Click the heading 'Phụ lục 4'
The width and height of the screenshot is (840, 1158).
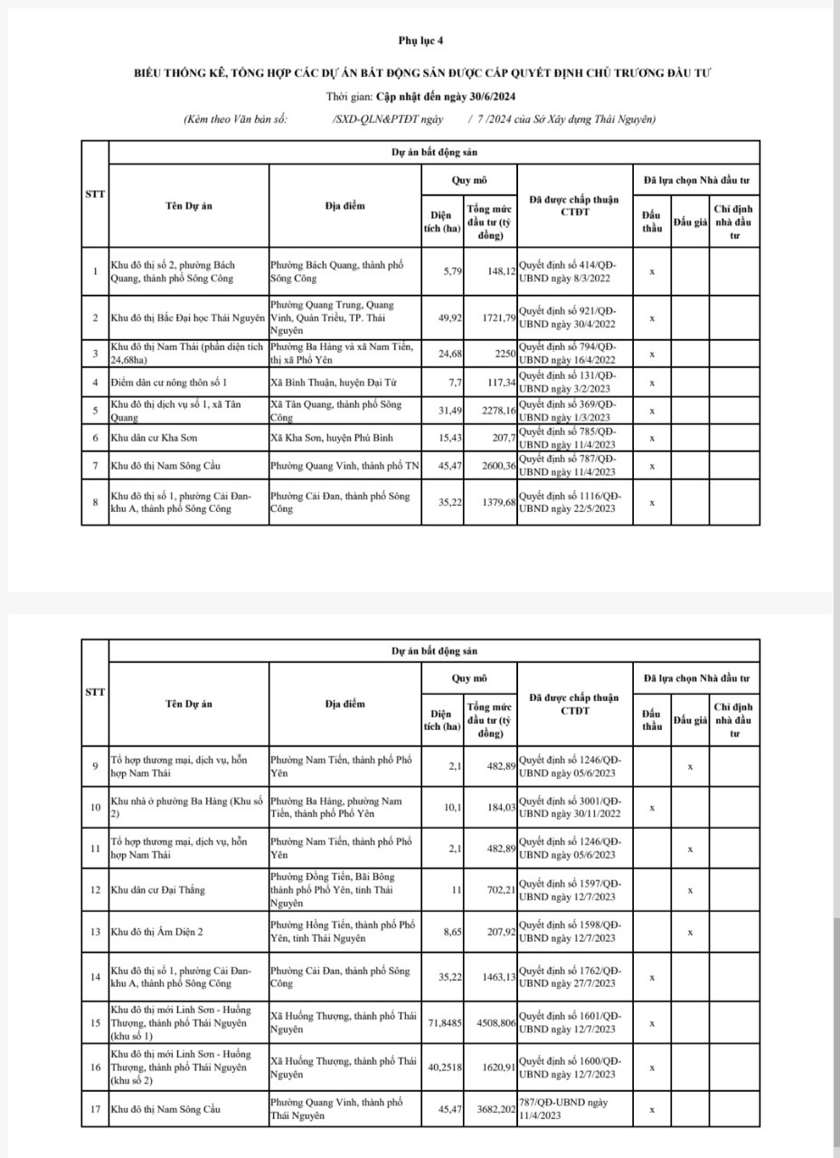point(420,41)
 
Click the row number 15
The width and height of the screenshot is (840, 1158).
point(95,1023)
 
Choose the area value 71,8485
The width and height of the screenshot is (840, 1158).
point(443,1024)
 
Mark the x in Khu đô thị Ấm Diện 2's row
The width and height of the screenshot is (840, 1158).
point(690,931)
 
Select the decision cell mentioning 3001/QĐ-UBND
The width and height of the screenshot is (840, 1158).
point(573,807)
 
